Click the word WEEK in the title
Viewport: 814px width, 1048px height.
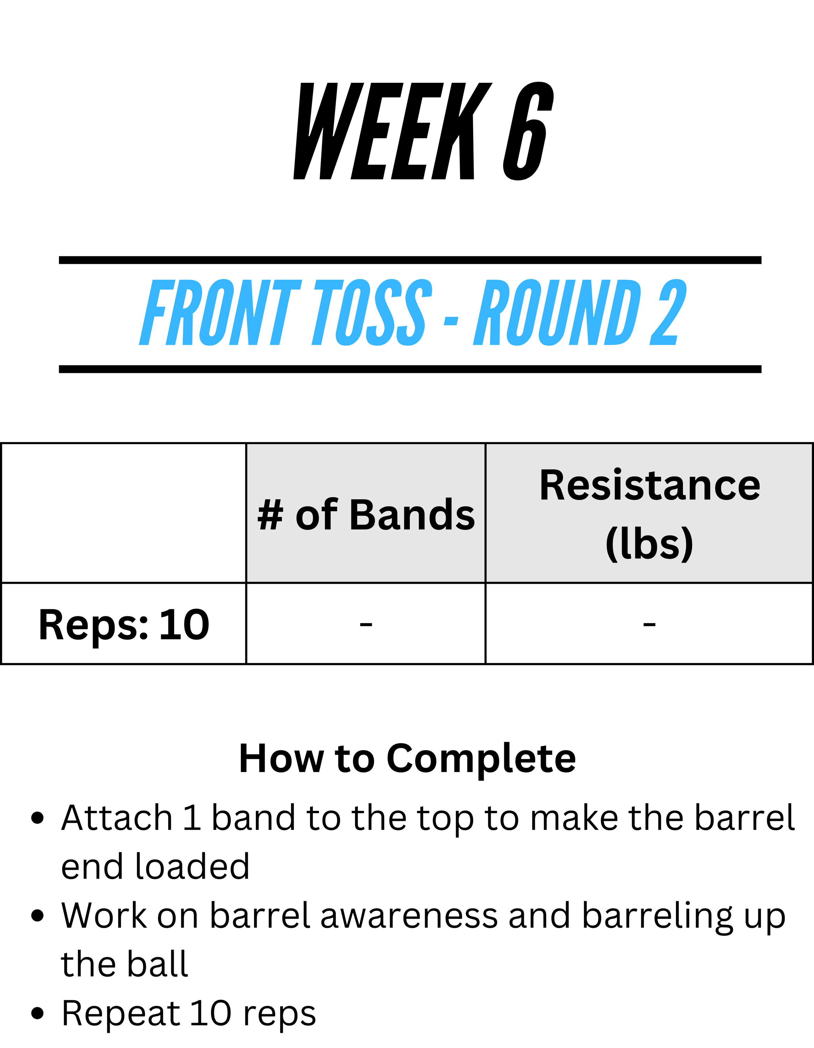392,131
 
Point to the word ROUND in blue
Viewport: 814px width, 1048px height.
557,312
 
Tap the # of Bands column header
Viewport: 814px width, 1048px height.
366,515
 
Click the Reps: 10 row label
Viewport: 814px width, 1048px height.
124,625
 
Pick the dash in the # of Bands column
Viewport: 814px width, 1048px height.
366,624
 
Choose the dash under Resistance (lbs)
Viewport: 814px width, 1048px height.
649,624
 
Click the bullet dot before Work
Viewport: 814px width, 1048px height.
37,916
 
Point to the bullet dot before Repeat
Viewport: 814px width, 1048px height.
37,1013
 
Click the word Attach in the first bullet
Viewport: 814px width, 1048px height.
117,818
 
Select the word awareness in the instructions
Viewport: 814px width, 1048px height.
409,916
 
